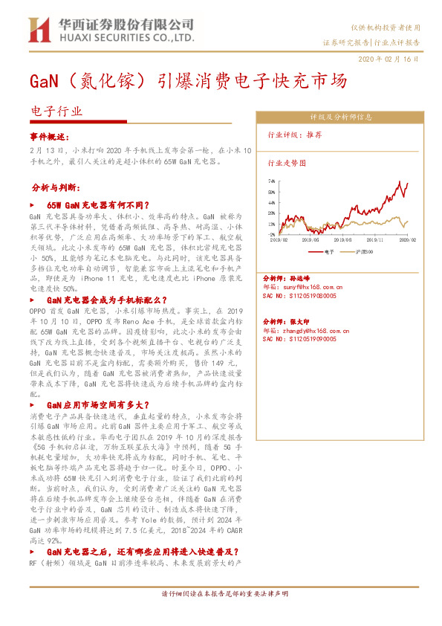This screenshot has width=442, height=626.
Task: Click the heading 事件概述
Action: [x=50, y=137]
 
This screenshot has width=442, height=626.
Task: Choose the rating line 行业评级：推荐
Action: [x=295, y=135]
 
